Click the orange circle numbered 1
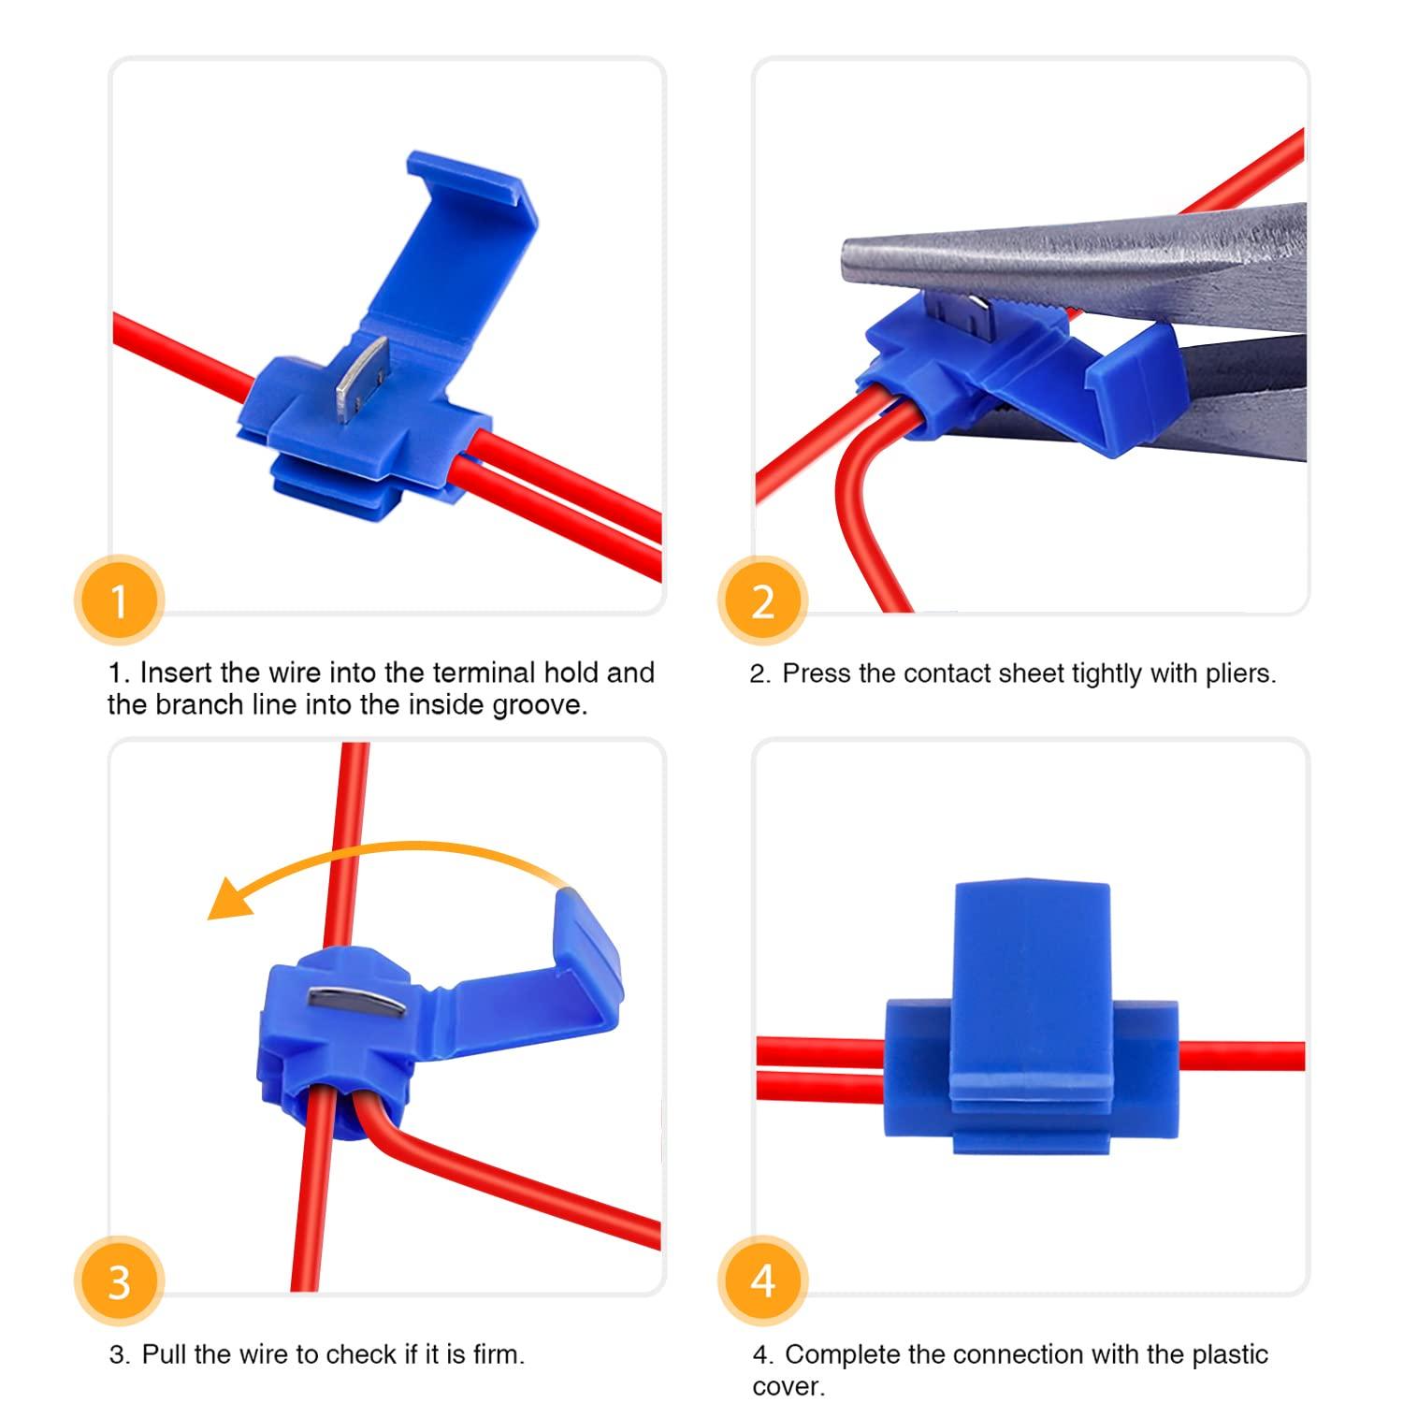(119, 600)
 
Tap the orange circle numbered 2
(762, 600)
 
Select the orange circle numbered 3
(119, 1280)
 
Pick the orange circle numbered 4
(762, 1280)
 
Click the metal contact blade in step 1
(363, 377)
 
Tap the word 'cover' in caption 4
(785, 1386)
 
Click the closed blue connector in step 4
(1031, 1018)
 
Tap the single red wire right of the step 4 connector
(1242, 1055)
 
